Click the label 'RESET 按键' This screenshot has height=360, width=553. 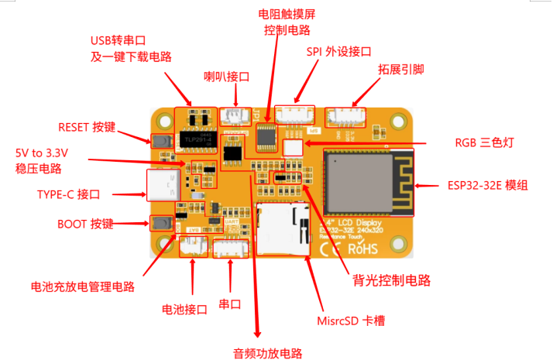pos(87,127)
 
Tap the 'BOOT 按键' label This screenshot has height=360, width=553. pos(85,225)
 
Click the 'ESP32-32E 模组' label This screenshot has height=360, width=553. pos(488,186)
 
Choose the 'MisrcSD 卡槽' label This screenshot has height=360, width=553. pos(353,320)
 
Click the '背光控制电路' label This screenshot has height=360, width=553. pos(391,279)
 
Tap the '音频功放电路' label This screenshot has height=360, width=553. pos(267,353)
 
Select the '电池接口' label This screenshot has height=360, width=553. pos(184,309)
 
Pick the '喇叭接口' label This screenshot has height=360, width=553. pos(227,77)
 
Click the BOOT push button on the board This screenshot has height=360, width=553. pos(162,223)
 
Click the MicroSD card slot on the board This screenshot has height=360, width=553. pos(280,228)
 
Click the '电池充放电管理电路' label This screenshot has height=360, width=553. pos(83,286)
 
